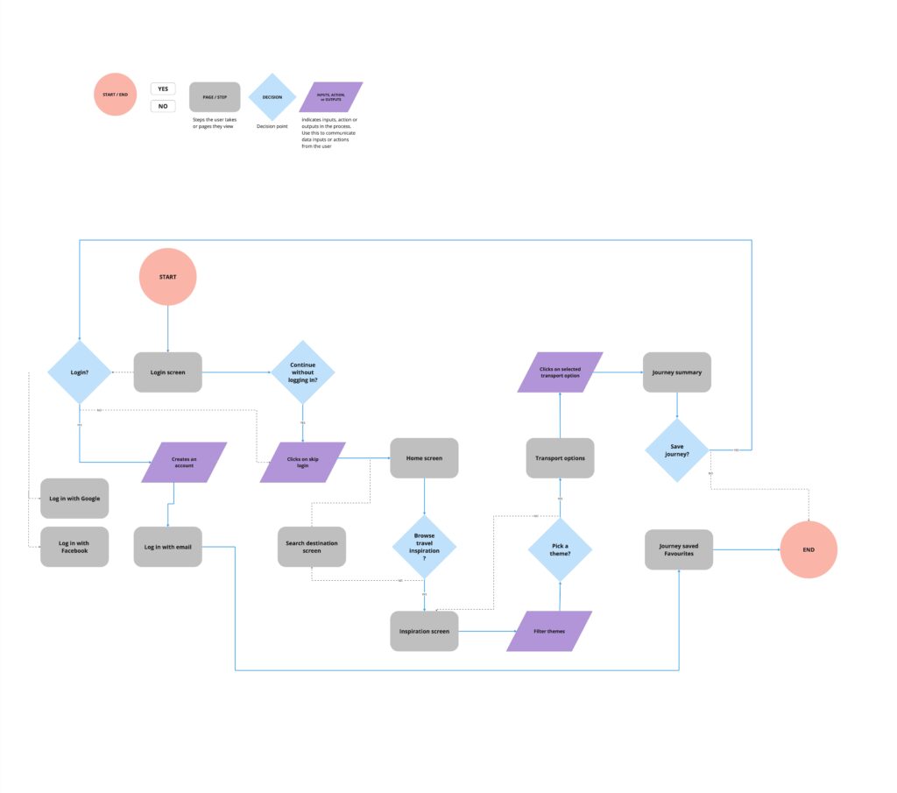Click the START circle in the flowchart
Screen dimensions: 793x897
167,277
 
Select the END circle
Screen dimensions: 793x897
808,549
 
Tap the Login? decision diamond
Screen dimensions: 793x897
80,372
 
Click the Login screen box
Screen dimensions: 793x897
167,372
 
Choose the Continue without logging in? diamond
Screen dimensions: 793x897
302,372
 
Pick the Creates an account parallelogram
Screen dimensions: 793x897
184,462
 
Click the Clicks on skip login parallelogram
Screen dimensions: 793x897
302,462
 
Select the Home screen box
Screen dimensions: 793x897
424,457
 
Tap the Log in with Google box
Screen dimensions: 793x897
74,499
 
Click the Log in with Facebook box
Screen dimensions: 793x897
74,547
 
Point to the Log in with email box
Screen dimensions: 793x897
167,547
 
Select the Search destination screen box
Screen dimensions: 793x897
312,547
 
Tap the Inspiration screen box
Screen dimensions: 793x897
424,631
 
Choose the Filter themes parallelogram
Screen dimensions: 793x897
549,631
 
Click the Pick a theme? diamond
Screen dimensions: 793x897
560,549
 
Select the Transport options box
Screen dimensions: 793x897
560,457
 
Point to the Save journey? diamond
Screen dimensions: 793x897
676,450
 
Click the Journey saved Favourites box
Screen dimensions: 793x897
679,549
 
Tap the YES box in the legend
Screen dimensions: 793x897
163,89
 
